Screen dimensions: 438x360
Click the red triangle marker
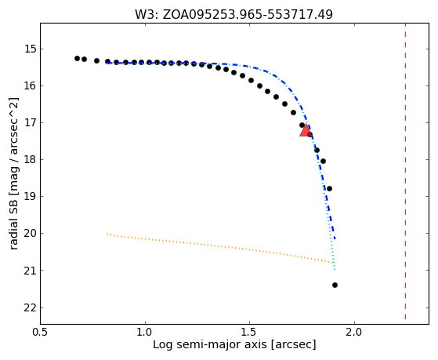[x=306, y=131]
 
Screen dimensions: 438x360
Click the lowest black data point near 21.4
[x=335, y=285]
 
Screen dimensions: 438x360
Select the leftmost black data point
[x=77, y=59]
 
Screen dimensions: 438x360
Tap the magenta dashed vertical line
[x=405, y=171]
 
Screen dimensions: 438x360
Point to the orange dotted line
[x=220, y=246]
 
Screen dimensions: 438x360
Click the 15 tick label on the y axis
[x=31, y=49]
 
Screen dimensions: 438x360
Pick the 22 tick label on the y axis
[x=31, y=308]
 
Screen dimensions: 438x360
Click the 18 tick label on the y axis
[x=31, y=160]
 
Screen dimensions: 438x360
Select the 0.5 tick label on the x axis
[x=41, y=333]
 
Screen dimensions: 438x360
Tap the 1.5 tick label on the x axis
[x=250, y=333]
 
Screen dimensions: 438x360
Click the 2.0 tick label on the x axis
[x=354, y=333]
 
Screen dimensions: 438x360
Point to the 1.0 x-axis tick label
[x=145, y=333]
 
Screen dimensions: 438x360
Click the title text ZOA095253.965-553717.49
[x=248, y=15]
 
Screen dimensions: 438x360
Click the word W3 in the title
[x=144, y=15]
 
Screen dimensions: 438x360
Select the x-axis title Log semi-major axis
[x=210, y=345]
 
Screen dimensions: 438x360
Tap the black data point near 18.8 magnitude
[x=329, y=188]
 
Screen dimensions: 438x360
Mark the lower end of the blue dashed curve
[x=335, y=239]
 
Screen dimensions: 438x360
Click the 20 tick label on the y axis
[x=31, y=233]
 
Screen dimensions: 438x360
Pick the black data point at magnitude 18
[x=323, y=161]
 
